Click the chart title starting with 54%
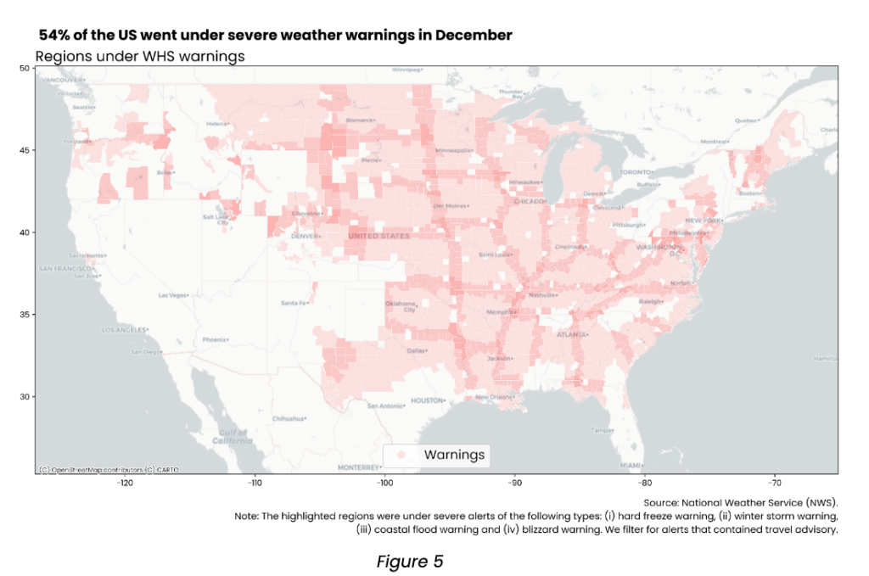pyautogui.click(x=275, y=36)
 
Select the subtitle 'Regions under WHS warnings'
pyautogui.click(x=140, y=56)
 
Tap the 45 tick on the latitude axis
pyautogui.click(x=25, y=150)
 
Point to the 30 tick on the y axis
pyautogui.click(x=25, y=396)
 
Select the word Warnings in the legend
pyautogui.click(x=454, y=456)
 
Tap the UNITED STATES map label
pyautogui.click(x=378, y=236)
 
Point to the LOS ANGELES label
pyautogui.click(x=125, y=329)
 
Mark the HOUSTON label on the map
pyautogui.click(x=428, y=400)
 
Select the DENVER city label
pyautogui.click(x=305, y=236)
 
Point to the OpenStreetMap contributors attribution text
pyautogui.click(x=108, y=469)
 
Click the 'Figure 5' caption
pyautogui.click(x=411, y=562)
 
